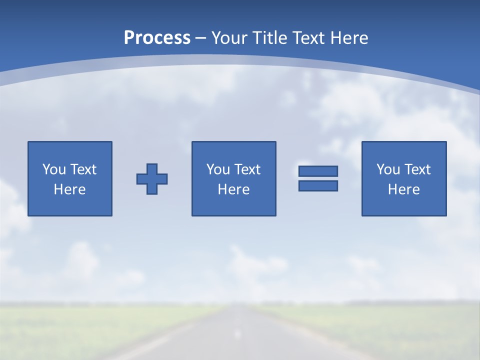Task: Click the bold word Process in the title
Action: point(157,38)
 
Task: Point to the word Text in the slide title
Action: point(311,38)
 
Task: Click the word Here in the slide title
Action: point(350,38)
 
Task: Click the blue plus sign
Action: point(152,179)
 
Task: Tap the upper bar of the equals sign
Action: point(318,171)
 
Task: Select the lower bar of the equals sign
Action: point(318,185)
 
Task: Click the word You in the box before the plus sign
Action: point(54,169)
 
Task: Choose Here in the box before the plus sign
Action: point(69,189)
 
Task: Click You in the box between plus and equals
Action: point(218,169)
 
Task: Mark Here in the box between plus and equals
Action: point(233,189)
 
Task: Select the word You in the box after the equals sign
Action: point(388,169)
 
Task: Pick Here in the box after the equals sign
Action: point(403,189)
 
